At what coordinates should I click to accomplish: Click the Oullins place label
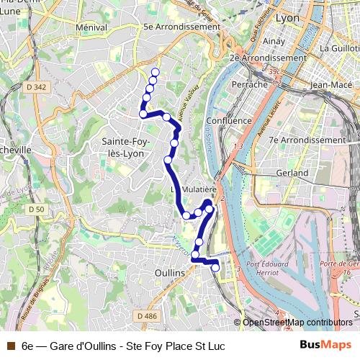[170, 273]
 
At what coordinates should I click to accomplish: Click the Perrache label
[249, 84]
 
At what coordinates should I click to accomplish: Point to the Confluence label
[228, 120]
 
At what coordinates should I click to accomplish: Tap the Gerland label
[292, 173]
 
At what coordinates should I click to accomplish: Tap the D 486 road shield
[145, 316]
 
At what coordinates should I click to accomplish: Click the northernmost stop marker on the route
[155, 71]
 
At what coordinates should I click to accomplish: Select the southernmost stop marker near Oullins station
[215, 269]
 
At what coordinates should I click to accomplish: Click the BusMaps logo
[326, 346]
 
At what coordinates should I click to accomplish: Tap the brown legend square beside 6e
[9, 346]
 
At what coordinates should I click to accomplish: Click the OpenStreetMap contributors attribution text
[297, 323]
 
